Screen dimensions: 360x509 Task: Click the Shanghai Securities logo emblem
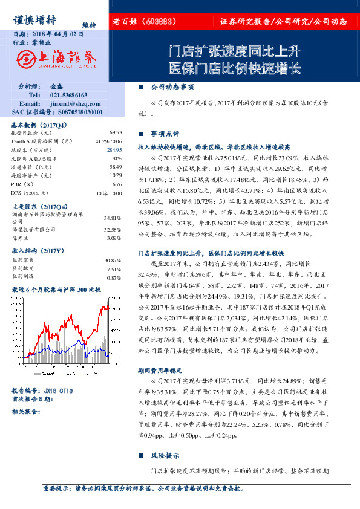click(27, 58)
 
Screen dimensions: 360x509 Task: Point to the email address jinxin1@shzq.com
click(72, 104)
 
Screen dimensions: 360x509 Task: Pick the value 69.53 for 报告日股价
click(116, 132)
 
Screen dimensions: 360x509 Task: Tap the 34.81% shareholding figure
click(113, 218)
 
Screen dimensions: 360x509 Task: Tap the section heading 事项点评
click(165, 133)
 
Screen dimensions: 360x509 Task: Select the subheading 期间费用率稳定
click(161, 369)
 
